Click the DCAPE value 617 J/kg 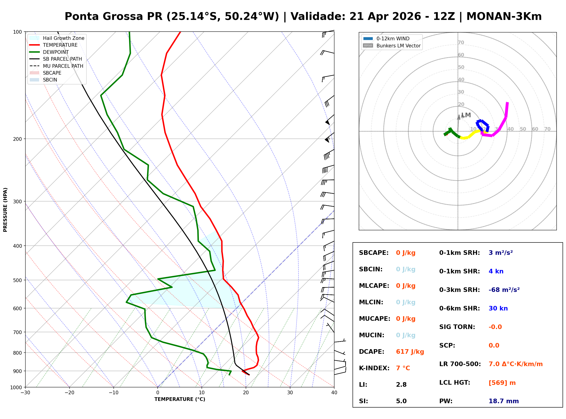pyautogui.click(x=410, y=351)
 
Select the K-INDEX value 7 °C pyautogui.click(x=403, y=368)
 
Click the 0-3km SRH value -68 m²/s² pyautogui.click(x=504, y=290)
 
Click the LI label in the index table pyautogui.click(x=363, y=384)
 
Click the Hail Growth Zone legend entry pyautogui.click(x=63, y=38)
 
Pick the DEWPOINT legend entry pyautogui.click(x=56, y=52)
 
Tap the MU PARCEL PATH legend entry pyautogui.click(x=63, y=66)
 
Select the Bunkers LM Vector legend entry pyautogui.click(x=398, y=46)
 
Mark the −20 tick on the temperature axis pyautogui.click(x=69, y=392)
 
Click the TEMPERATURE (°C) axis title pyautogui.click(x=180, y=399)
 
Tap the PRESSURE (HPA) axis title pyautogui.click(x=5, y=209)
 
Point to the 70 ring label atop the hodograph pyautogui.click(x=461, y=42)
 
